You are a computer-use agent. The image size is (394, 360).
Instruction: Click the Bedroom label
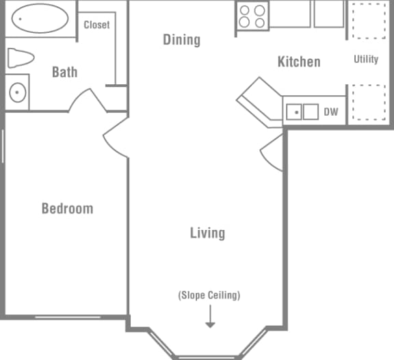[x=67, y=208]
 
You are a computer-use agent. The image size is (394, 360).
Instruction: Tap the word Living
[x=207, y=233]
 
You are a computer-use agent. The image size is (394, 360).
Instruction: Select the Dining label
[x=181, y=39]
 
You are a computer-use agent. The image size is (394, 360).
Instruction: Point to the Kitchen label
[x=298, y=62]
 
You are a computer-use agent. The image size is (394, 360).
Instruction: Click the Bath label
[x=64, y=71]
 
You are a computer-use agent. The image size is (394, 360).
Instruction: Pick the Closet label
[x=96, y=25]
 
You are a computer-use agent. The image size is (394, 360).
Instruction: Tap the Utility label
[x=366, y=59]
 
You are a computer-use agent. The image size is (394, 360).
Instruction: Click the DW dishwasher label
[x=331, y=112]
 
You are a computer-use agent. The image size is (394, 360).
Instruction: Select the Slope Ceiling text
[x=209, y=296]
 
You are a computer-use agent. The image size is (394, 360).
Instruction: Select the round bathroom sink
[x=18, y=91]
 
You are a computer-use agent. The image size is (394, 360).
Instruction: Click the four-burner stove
[x=252, y=16]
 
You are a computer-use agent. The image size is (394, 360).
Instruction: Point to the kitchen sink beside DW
[x=302, y=111]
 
